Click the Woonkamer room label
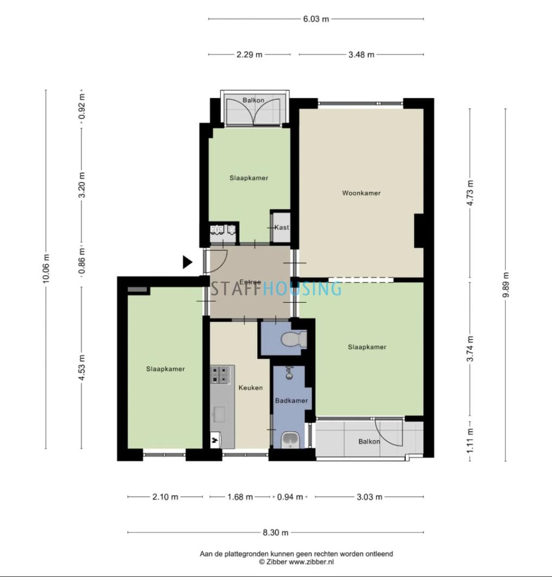click(x=361, y=193)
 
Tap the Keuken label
click(x=251, y=388)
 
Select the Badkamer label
click(x=291, y=401)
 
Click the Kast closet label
click(x=282, y=227)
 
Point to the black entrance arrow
click(x=187, y=262)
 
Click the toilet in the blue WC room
click(x=294, y=339)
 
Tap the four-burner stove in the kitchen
click(x=220, y=375)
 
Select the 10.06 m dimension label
click(x=46, y=269)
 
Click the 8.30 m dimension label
click(x=275, y=532)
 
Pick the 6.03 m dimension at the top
click(x=316, y=19)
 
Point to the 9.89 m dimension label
click(x=505, y=285)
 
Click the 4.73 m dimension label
click(x=470, y=193)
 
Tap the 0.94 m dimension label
click(x=290, y=497)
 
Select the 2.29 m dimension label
click(x=249, y=54)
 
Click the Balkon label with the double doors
click(x=253, y=100)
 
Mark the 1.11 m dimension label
click(x=470, y=441)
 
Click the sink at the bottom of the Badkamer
click(x=290, y=440)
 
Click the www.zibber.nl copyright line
click(x=296, y=562)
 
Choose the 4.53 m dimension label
click(x=82, y=368)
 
